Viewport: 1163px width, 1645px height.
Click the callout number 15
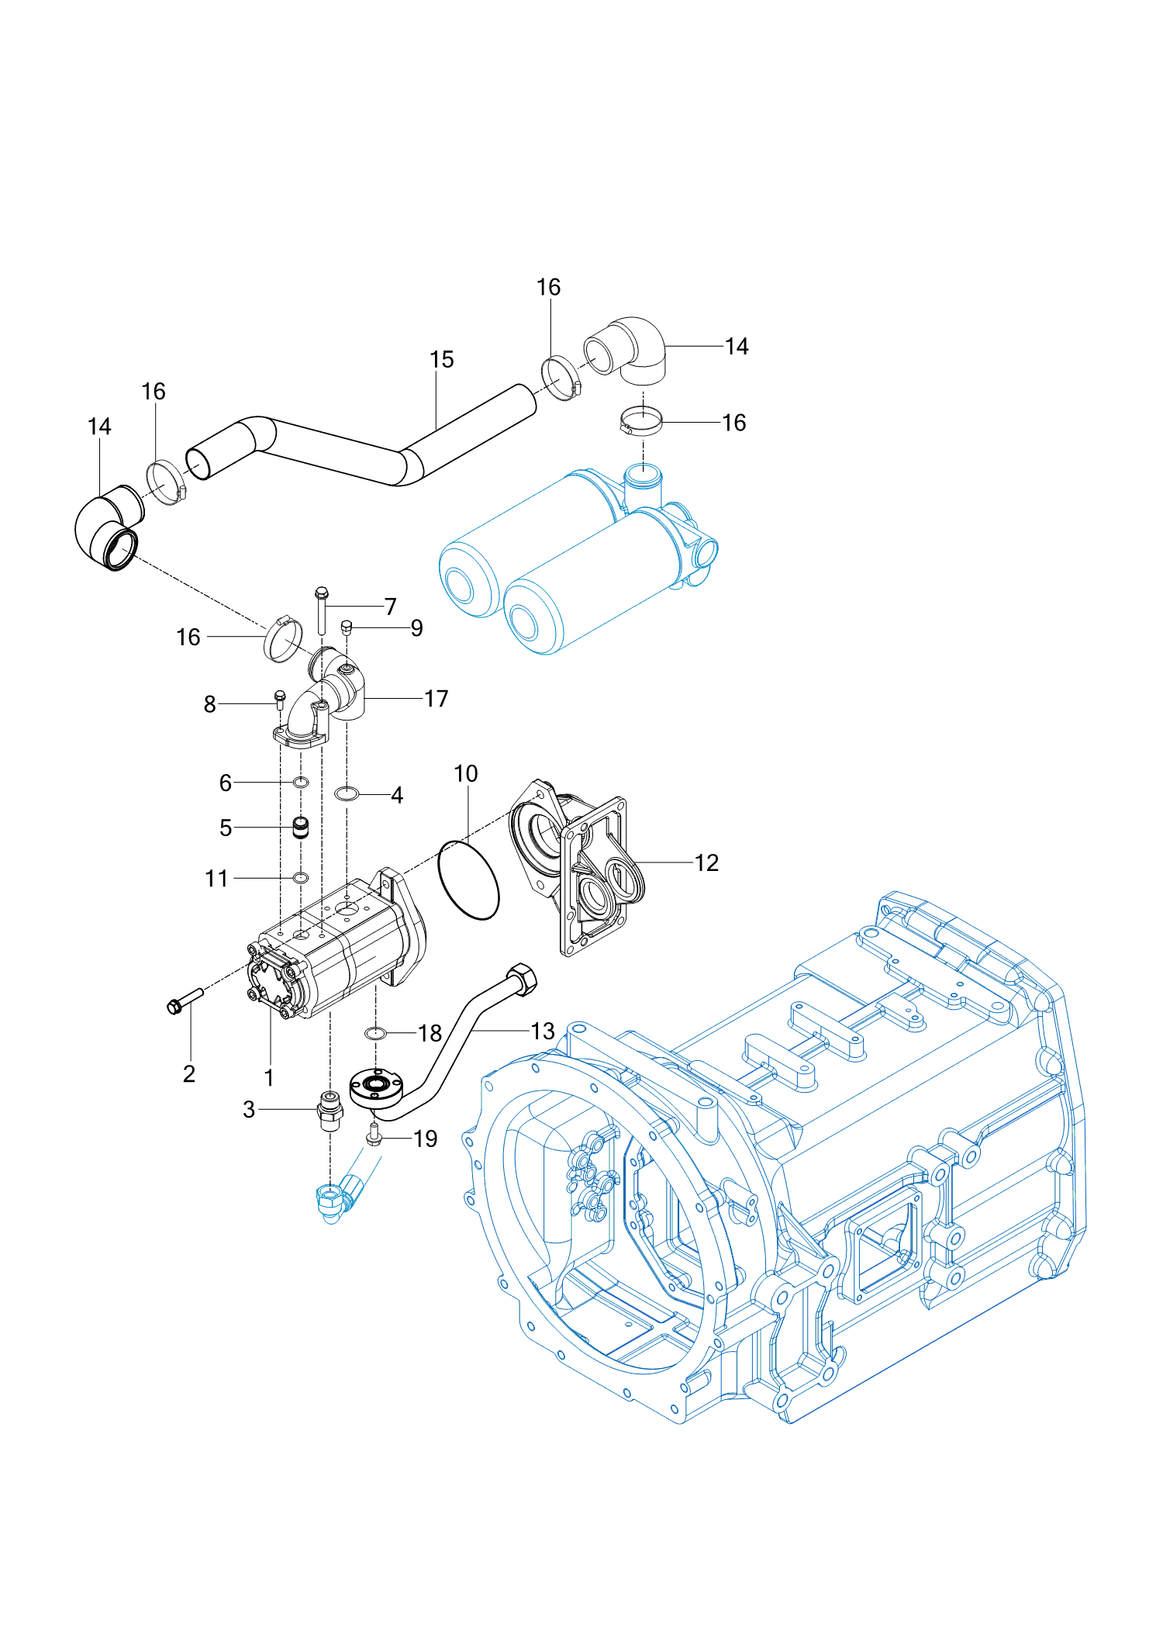coord(441,360)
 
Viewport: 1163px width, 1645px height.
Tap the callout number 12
coord(706,863)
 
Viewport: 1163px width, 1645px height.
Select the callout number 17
coord(437,699)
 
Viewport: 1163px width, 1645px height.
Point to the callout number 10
coord(466,774)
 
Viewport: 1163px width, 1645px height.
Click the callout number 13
coord(543,1031)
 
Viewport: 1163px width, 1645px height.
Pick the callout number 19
coord(426,1139)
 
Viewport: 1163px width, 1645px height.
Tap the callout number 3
coord(249,1109)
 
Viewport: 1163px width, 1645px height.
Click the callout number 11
coord(216,879)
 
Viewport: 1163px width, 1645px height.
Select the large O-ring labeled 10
coord(468,881)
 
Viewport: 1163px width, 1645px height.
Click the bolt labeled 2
coord(184,1000)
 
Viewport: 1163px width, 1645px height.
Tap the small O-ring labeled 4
coord(346,793)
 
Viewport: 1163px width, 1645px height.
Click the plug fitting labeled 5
coord(301,828)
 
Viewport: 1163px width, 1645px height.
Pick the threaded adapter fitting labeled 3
coord(331,1110)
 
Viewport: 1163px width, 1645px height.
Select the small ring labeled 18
coord(375,1033)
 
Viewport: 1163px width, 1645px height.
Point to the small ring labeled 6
coord(301,782)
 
